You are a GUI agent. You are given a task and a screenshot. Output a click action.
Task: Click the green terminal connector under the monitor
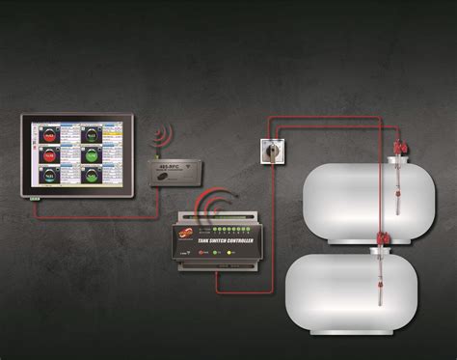[35, 199]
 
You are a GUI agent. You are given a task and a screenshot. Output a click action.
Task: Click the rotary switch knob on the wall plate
[271, 148]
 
